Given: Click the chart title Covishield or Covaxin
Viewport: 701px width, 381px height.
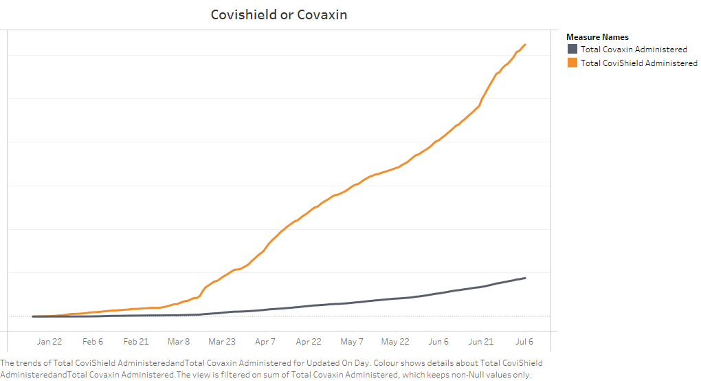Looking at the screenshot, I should (x=278, y=14).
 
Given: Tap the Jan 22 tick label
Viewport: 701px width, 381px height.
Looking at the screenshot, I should (x=49, y=342).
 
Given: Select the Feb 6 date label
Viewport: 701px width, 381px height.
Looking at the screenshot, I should (x=93, y=342).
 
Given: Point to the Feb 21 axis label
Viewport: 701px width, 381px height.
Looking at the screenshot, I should (x=136, y=342).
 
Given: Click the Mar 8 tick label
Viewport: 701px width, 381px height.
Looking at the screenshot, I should (x=179, y=342).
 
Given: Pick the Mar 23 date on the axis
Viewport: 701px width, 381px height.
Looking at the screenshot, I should (x=222, y=342).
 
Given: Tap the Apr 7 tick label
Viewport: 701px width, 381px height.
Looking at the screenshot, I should (x=265, y=342).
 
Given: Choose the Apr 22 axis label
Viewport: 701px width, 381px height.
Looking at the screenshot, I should (x=309, y=342).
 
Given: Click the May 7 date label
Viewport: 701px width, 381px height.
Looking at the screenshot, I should (x=352, y=342).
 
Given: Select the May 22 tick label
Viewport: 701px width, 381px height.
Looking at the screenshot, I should (x=395, y=342).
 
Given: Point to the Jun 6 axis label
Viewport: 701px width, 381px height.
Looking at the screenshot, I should (x=438, y=342).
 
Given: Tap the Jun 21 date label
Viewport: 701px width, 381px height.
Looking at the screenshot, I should (x=481, y=342).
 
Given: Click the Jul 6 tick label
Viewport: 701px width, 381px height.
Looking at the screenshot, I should (x=524, y=342).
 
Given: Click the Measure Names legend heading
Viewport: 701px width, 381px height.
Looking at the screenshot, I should (x=597, y=37).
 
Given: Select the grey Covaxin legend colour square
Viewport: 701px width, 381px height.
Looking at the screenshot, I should (x=572, y=50).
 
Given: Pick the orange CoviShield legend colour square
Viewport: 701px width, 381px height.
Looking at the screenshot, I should (x=572, y=63).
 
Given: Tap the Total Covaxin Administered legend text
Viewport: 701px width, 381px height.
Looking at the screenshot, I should (x=634, y=50).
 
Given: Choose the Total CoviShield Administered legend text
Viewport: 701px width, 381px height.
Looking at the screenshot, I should (x=639, y=63).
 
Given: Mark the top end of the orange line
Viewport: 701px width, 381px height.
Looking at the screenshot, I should (x=525, y=45).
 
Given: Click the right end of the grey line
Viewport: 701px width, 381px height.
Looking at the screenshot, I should (x=525, y=278).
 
